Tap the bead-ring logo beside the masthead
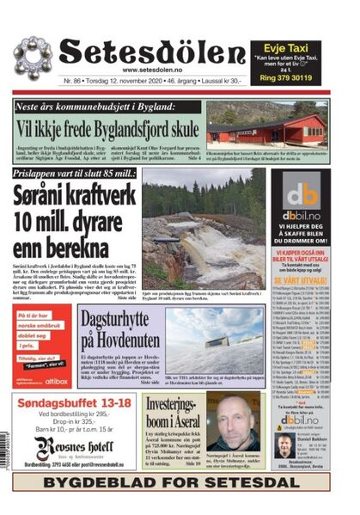click(x=33, y=58)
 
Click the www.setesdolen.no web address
click(x=153, y=70)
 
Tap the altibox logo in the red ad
click(x=57, y=380)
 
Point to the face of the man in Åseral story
click(x=232, y=421)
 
